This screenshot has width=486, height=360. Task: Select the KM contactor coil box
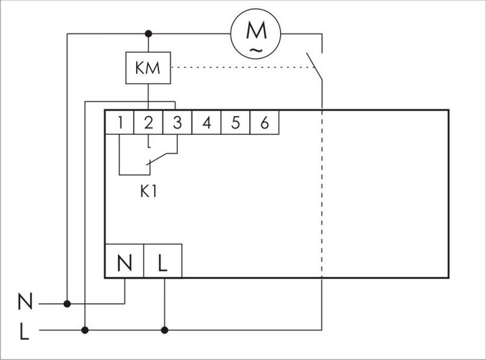click(x=148, y=68)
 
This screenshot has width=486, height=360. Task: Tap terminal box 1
click(x=120, y=123)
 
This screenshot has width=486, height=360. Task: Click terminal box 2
click(x=149, y=123)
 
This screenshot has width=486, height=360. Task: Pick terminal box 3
click(x=177, y=123)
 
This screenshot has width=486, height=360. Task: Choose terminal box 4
click(x=207, y=123)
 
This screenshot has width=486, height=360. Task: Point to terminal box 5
click(x=236, y=123)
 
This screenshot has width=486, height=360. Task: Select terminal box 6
click(x=264, y=123)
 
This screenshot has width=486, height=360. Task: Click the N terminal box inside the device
click(x=125, y=263)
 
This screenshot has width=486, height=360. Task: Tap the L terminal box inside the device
click(x=162, y=263)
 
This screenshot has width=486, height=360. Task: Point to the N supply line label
click(x=25, y=301)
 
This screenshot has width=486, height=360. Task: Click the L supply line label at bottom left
click(x=24, y=331)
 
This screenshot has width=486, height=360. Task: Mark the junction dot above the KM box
click(x=148, y=33)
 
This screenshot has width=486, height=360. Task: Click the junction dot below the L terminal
click(x=164, y=330)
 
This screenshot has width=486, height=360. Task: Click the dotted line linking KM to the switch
click(x=243, y=67)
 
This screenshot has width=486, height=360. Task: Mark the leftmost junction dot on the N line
click(x=67, y=303)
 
